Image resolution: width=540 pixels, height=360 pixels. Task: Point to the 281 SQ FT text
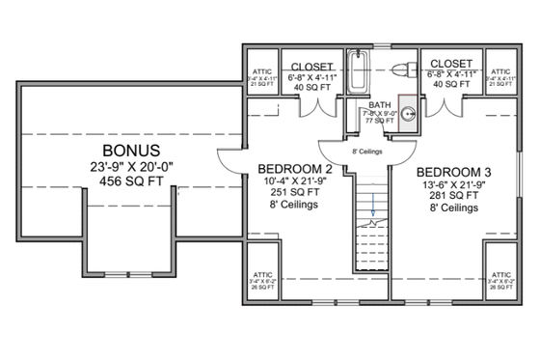pyautogui.click(x=451, y=193)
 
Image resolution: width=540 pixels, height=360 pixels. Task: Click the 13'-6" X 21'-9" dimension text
pyautogui.click(x=451, y=178)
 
